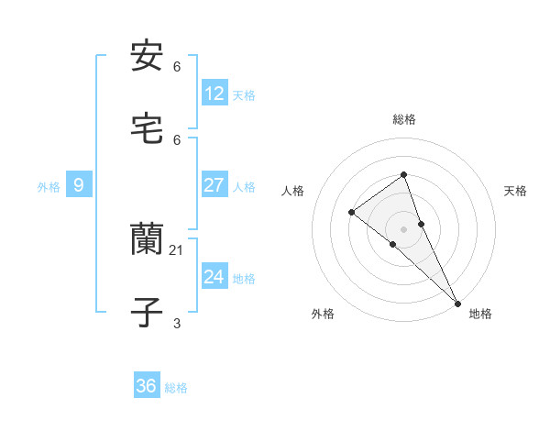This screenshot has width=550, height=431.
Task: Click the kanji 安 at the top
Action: click(147, 56)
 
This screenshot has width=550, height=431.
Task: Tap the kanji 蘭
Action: click(147, 240)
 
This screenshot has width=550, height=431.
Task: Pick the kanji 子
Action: click(147, 313)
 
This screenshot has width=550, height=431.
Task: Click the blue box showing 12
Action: click(214, 93)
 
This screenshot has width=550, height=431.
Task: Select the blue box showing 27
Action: click(214, 184)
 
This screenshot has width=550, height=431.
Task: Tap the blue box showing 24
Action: click(214, 276)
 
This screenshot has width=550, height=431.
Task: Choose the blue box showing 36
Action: click(147, 386)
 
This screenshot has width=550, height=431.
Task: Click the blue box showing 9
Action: click(79, 185)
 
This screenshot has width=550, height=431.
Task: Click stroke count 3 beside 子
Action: click(176, 323)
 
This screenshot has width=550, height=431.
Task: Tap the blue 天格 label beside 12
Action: click(244, 94)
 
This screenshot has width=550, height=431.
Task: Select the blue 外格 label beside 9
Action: click(49, 186)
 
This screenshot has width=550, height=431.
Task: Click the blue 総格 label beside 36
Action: click(176, 388)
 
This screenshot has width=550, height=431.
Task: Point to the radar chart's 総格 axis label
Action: click(403, 119)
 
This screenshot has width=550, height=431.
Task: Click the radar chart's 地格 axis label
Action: click(480, 314)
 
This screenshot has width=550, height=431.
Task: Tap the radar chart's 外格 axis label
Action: click(323, 314)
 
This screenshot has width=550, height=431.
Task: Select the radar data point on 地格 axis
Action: click(456, 302)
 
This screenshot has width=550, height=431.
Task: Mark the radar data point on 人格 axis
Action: click(351, 213)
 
